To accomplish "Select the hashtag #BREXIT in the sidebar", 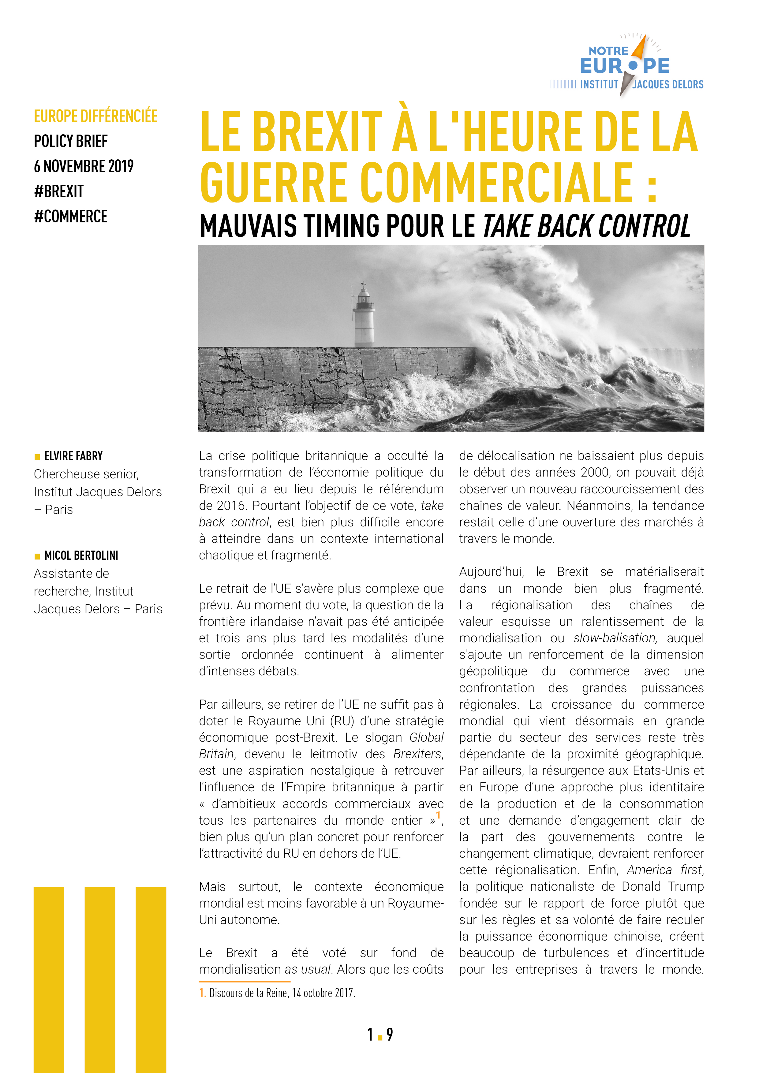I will [x=59, y=191].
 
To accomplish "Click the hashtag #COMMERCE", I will [x=71, y=216].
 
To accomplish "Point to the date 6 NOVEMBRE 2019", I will [x=84, y=166].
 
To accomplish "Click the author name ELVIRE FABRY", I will [x=73, y=456].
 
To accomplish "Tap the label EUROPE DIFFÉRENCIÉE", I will [x=95, y=116].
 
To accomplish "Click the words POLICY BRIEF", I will [x=71, y=141].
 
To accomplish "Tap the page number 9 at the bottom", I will [x=390, y=1035].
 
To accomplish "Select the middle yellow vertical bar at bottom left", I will [x=99, y=979].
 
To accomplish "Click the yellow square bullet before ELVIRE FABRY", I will [x=37, y=457].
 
